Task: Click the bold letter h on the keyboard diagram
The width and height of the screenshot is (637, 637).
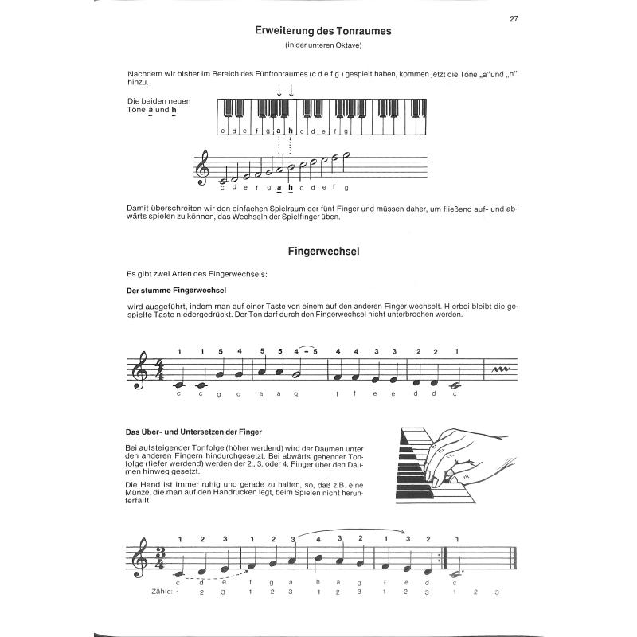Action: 291,131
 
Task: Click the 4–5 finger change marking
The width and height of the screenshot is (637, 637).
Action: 306,350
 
